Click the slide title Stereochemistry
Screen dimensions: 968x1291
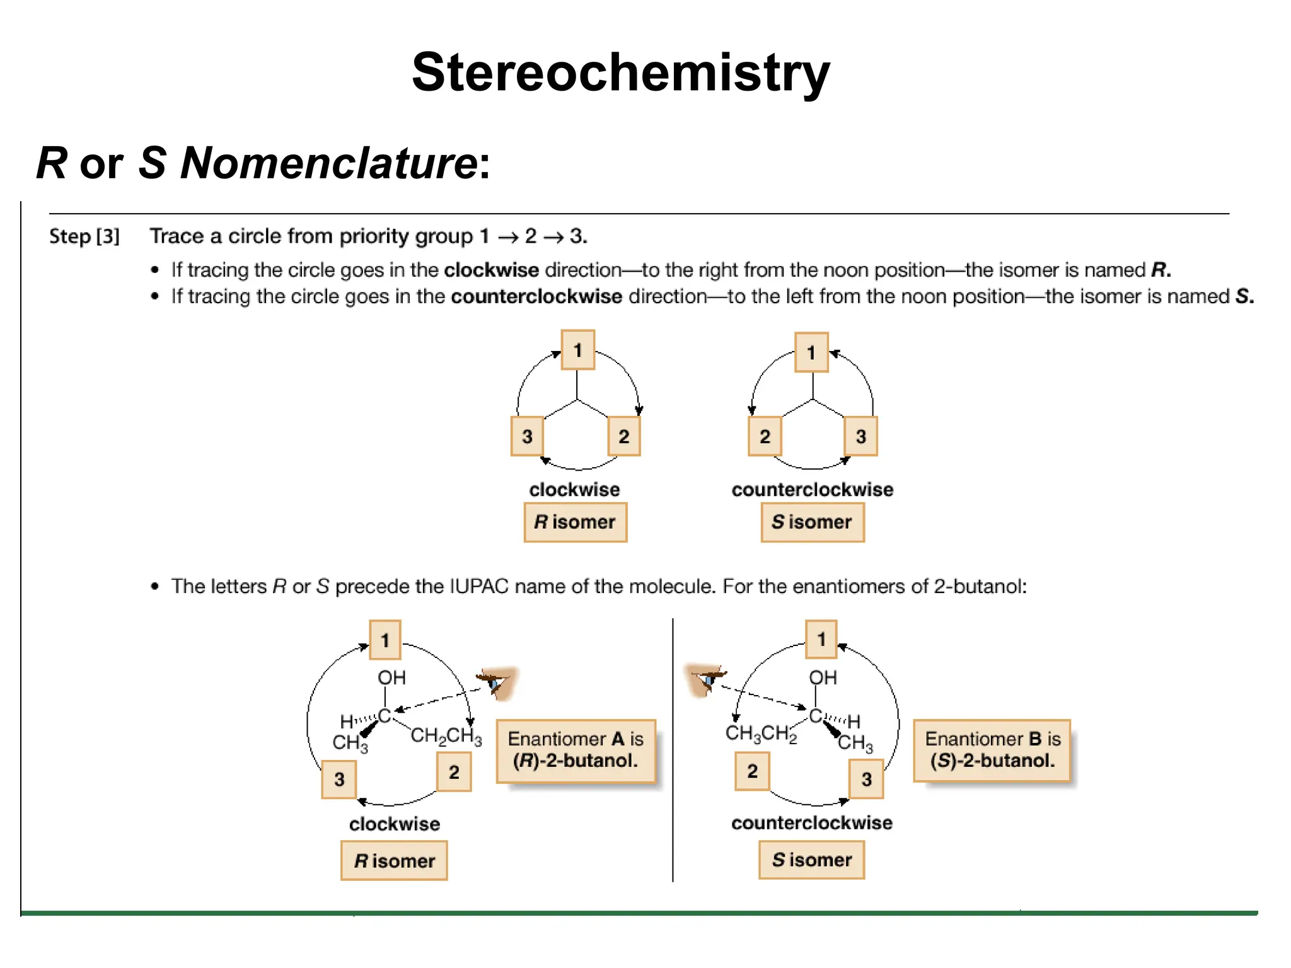pos(620,72)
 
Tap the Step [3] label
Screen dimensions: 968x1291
pos(84,236)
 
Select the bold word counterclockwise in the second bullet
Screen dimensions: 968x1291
pos(536,296)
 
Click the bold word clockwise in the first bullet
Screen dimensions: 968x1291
pos(491,270)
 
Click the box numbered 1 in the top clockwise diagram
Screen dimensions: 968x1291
pos(577,350)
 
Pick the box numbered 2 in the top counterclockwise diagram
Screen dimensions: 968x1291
pos(764,436)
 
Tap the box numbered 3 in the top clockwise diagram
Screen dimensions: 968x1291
pos(527,436)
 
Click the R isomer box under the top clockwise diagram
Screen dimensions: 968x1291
pos(575,522)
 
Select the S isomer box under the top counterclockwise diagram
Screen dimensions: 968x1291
pos(812,522)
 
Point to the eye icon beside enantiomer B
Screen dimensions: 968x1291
pos(705,679)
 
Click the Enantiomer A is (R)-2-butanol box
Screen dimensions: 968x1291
pos(576,750)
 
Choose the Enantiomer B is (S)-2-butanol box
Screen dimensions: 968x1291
pos(992,750)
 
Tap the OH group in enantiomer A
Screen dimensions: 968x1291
pos(391,677)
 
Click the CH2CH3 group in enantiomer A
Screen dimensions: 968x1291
pos(446,736)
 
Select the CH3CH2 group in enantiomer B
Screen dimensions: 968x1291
pos(761,734)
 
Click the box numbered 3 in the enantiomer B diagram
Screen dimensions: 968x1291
pos(866,780)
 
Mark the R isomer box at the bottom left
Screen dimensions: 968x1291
pos(394,860)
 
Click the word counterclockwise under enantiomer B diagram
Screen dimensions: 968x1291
pos(812,822)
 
